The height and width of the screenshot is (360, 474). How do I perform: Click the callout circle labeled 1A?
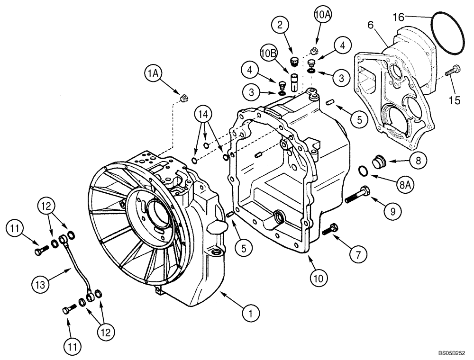(x=153, y=74)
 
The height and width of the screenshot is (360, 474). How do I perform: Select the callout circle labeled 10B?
(x=268, y=53)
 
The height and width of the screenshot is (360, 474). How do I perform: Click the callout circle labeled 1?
(x=251, y=313)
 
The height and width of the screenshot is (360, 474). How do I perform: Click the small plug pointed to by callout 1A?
(x=184, y=99)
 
